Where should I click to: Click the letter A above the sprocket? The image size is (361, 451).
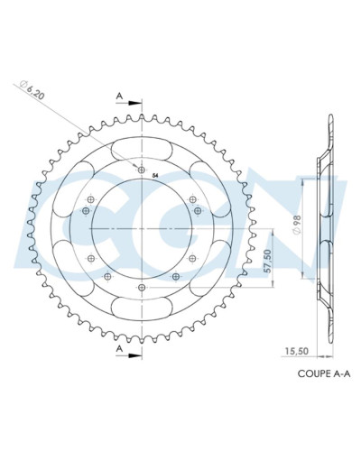pos(117,94)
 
